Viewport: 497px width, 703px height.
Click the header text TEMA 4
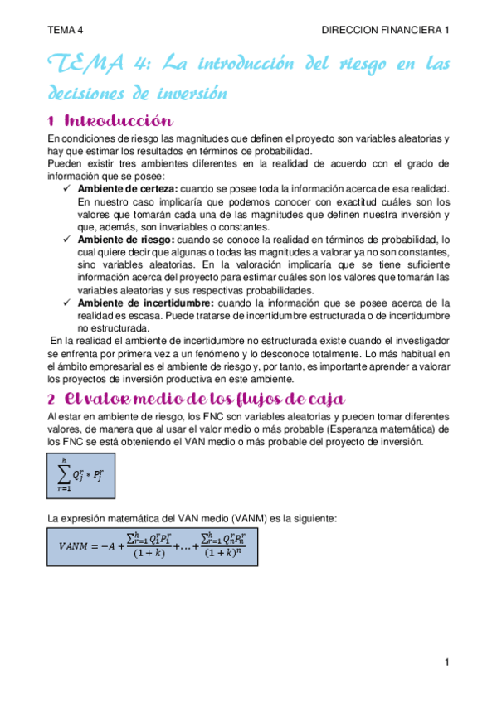click(x=66, y=29)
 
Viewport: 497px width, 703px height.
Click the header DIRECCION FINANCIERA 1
click(x=385, y=29)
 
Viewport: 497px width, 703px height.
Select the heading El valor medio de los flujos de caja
click(x=198, y=399)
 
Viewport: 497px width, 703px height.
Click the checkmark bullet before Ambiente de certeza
click(x=69, y=190)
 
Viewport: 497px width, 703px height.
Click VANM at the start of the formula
click(x=76, y=545)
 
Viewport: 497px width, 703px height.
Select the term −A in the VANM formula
click(x=111, y=545)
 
